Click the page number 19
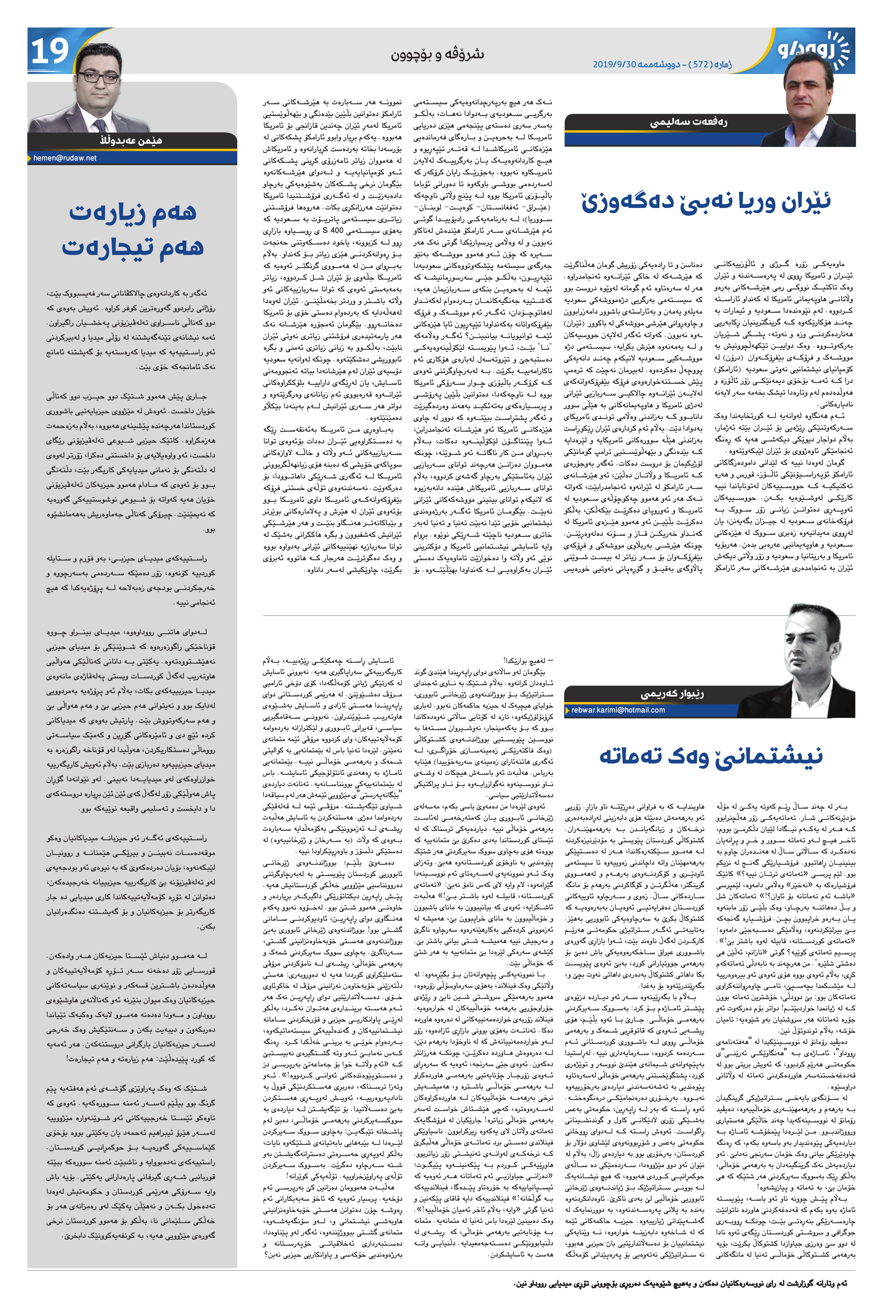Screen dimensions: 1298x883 50,52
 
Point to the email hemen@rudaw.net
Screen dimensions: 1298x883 65,158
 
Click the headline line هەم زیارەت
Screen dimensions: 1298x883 133,213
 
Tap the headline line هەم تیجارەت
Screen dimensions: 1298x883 133,247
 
